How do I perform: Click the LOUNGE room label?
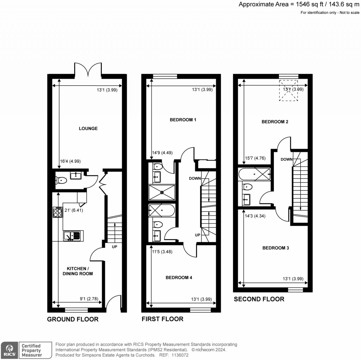pos(88,128)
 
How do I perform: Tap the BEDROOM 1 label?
pos(183,120)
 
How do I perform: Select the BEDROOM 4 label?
pos(179,277)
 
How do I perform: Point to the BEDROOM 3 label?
pos(276,248)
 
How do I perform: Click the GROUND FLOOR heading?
pos(73,319)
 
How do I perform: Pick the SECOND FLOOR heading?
pos(259,299)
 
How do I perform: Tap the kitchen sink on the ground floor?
pos(72,235)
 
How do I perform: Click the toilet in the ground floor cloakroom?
pos(61,180)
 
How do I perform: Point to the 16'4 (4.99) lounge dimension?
pos(70,161)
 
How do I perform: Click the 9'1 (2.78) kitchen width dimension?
pos(91,298)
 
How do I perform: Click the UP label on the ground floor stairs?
pos(114,247)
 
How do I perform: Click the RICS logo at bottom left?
pos(9,349)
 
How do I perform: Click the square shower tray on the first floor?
pos(162,192)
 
